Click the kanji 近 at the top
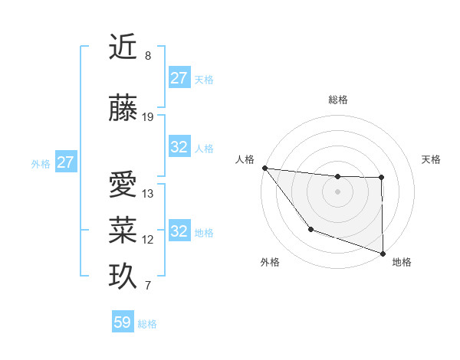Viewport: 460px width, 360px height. point(123,47)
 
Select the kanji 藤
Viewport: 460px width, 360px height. point(123,110)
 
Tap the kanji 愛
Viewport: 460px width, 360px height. point(123,185)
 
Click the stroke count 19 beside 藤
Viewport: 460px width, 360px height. point(148,117)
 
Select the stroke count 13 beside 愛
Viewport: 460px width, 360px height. point(148,194)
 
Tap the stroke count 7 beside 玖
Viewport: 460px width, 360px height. point(148,286)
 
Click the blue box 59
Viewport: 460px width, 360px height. point(123,322)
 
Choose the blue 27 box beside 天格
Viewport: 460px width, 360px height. point(179,78)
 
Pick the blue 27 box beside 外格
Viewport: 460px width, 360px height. point(66,162)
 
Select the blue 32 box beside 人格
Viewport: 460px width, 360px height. point(179,147)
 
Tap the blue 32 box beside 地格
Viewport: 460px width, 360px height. point(179,231)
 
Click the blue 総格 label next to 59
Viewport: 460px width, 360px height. point(147,324)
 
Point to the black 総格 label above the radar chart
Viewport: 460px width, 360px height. point(338,100)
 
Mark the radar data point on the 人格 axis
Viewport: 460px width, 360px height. point(264,168)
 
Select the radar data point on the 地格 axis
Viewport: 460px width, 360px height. point(383,252)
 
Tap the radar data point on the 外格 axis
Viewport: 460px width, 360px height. point(310,229)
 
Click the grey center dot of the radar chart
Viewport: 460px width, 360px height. point(337,191)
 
